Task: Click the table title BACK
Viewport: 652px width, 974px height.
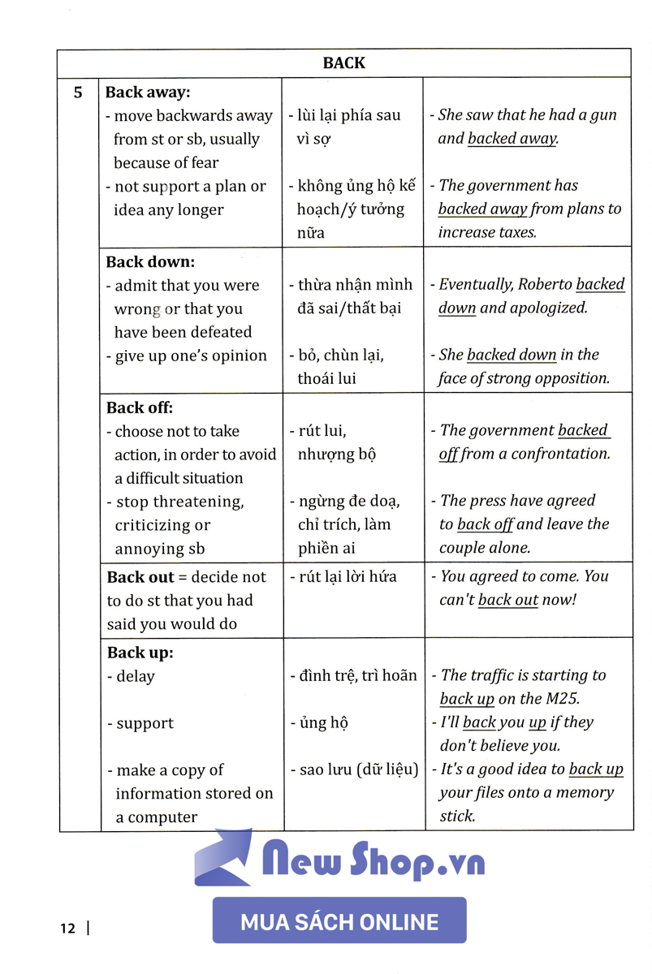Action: tap(343, 62)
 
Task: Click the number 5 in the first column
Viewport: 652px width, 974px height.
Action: tap(78, 93)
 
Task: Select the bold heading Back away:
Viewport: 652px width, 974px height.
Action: tap(148, 93)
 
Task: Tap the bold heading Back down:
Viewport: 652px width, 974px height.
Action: tap(150, 262)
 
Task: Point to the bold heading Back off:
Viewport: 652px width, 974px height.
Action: tap(140, 407)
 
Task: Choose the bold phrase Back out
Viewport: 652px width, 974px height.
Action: tap(140, 577)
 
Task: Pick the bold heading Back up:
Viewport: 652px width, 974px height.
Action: tap(140, 653)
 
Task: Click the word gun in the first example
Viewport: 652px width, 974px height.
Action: tap(602, 115)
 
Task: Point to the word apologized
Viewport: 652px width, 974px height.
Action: tap(548, 308)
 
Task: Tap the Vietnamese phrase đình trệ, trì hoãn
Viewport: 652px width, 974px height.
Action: tap(353, 675)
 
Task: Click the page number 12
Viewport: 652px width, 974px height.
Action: tap(67, 928)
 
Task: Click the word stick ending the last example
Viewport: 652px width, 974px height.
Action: tap(456, 817)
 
